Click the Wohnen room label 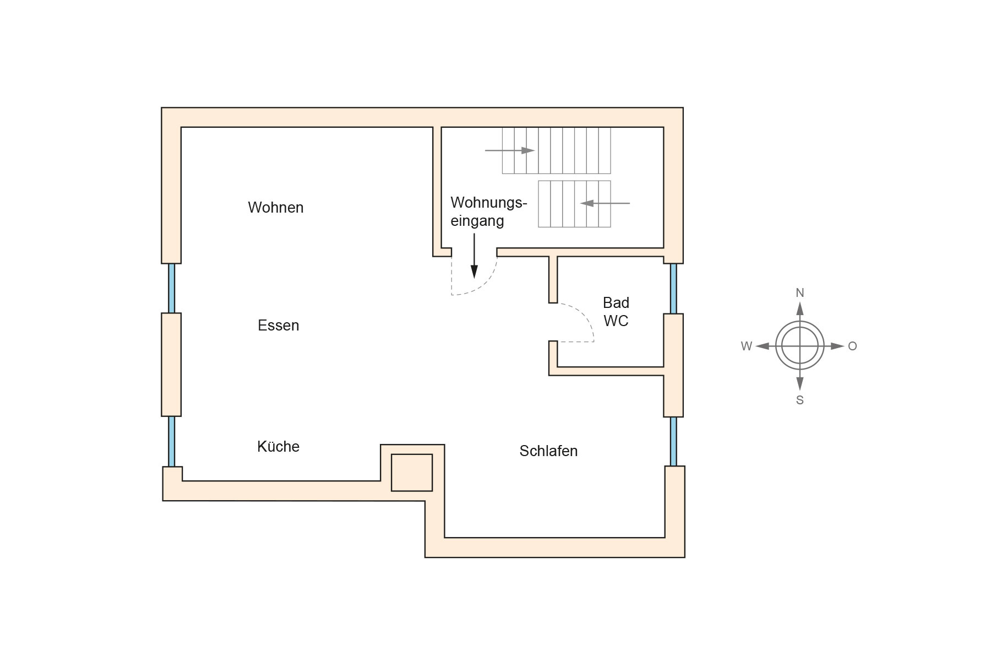(x=275, y=208)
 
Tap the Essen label (x=278, y=326)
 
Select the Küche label (x=278, y=447)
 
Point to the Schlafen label (x=548, y=451)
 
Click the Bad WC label (x=616, y=312)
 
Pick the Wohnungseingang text (x=488, y=212)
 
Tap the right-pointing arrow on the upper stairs (x=510, y=150)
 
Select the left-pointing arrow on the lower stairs (x=605, y=203)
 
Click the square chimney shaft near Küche (x=412, y=473)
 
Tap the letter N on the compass (x=800, y=293)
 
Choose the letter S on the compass (x=800, y=400)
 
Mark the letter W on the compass (x=746, y=346)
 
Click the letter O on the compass (x=852, y=346)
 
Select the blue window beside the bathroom (x=673, y=289)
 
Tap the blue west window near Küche (x=171, y=441)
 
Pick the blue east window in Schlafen (x=673, y=441)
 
